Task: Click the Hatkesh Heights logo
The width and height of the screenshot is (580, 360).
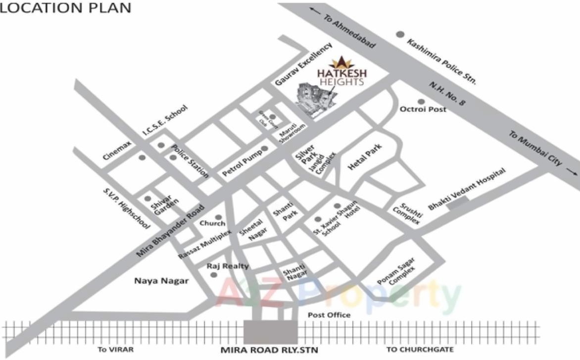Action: click(x=341, y=72)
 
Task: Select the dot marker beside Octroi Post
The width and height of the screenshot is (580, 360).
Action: click(x=421, y=101)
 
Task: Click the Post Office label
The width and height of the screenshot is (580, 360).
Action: click(x=329, y=315)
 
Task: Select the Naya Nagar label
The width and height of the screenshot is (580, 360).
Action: click(x=161, y=281)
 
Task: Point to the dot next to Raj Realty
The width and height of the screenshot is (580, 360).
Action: click(x=214, y=274)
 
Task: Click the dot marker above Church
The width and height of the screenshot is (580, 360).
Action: click(x=218, y=217)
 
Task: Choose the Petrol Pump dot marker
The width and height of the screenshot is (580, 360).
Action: click(x=265, y=149)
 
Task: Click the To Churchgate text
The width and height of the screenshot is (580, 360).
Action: click(x=413, y=350)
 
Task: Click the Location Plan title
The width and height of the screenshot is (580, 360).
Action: click(x=65, y=7)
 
